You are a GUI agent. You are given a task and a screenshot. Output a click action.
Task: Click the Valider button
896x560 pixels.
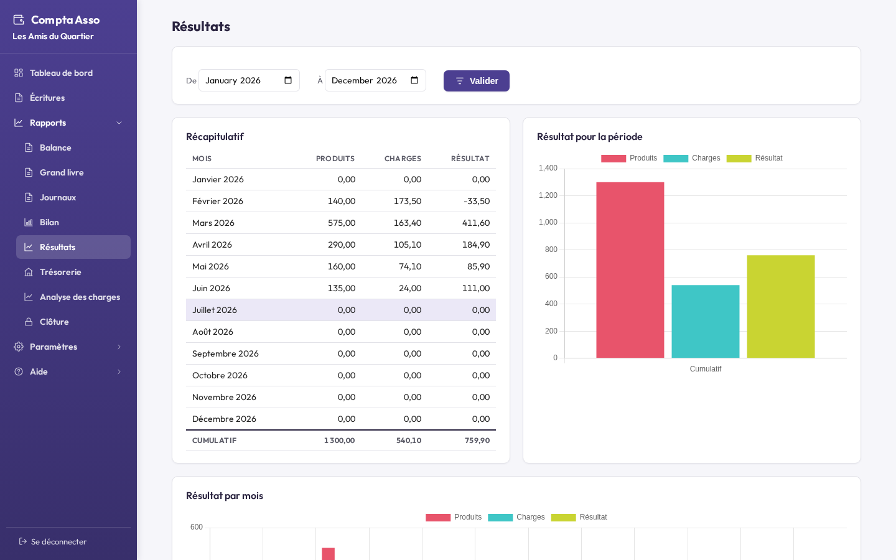[x=477, y=81]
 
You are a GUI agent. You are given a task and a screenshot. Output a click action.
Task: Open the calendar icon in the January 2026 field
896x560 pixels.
[x=288, y=80]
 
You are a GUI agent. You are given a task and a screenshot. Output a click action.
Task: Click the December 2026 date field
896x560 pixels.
[x=375, y=80]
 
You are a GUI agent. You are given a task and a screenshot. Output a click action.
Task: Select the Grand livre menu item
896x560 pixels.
[x=62, y=172]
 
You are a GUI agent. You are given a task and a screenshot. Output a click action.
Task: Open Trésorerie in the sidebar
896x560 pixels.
[x=60, y=272]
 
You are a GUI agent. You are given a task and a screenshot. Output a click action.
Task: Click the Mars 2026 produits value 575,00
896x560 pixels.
[x=342, y=223]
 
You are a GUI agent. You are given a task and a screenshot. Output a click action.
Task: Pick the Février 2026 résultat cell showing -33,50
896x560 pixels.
[x=477, y=201]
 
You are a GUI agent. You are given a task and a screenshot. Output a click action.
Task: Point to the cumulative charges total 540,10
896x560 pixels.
[x=409, y=441]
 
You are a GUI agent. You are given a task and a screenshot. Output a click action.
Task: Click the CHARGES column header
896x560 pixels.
[x=403, y=159]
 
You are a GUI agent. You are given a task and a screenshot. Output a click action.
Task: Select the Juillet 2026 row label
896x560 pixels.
[x=215, y=310]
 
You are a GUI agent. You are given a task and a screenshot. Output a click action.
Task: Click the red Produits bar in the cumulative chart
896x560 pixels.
[x=630, y=270]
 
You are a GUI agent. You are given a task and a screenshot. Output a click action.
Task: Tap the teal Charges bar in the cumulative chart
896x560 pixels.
[x=705, y=322]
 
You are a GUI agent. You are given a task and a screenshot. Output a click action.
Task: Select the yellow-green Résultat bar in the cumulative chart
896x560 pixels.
[x=781, y=307]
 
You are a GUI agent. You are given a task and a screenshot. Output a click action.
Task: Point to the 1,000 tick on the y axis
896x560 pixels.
[x=548, y=222]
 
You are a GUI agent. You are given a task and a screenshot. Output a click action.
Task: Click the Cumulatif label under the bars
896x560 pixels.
[x=705, y=369]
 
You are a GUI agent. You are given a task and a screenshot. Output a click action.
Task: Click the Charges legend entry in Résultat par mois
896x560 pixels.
[x=516, y=517]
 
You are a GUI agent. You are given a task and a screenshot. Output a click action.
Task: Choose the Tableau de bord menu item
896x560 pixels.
[x=61, y=73]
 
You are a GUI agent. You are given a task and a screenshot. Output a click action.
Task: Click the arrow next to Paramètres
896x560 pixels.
[x=119, y=347]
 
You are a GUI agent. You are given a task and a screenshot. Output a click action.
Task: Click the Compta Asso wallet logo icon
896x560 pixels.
[x=19, y=20]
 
